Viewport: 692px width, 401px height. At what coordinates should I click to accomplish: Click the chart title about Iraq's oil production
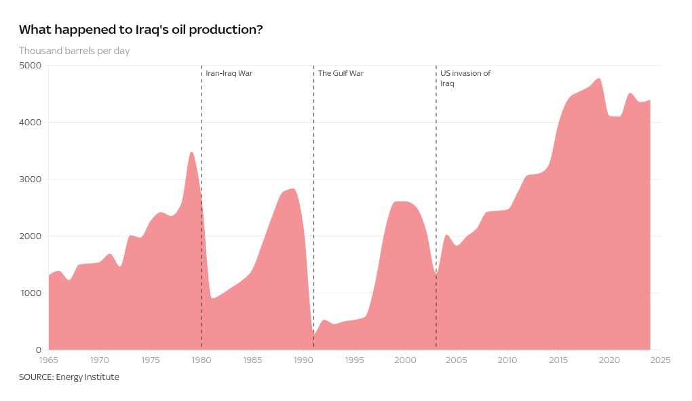coord(140,30)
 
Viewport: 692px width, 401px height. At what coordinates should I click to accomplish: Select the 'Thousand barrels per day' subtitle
coord(74,51)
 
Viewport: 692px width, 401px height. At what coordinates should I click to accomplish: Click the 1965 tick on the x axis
coord(49,360)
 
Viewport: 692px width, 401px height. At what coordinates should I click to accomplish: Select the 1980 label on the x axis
coord(201,360)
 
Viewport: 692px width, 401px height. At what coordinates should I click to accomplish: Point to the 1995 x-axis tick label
coord(354,360)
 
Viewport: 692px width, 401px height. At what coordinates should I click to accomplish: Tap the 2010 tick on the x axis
coord(507,360)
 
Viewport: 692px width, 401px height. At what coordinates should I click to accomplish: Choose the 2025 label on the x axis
coord(660,360)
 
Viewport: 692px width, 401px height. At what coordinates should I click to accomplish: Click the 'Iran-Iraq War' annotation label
coord(229,73)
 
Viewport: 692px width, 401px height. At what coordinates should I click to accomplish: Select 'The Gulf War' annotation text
coord(341,73)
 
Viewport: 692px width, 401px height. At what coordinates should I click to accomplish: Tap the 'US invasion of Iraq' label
coord(465,78)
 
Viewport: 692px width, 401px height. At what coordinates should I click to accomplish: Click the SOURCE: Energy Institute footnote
coord(69,377)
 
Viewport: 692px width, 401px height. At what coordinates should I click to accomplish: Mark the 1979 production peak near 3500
coord(191,152)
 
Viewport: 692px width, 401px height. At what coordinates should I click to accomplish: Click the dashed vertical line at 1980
coord(201,135)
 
